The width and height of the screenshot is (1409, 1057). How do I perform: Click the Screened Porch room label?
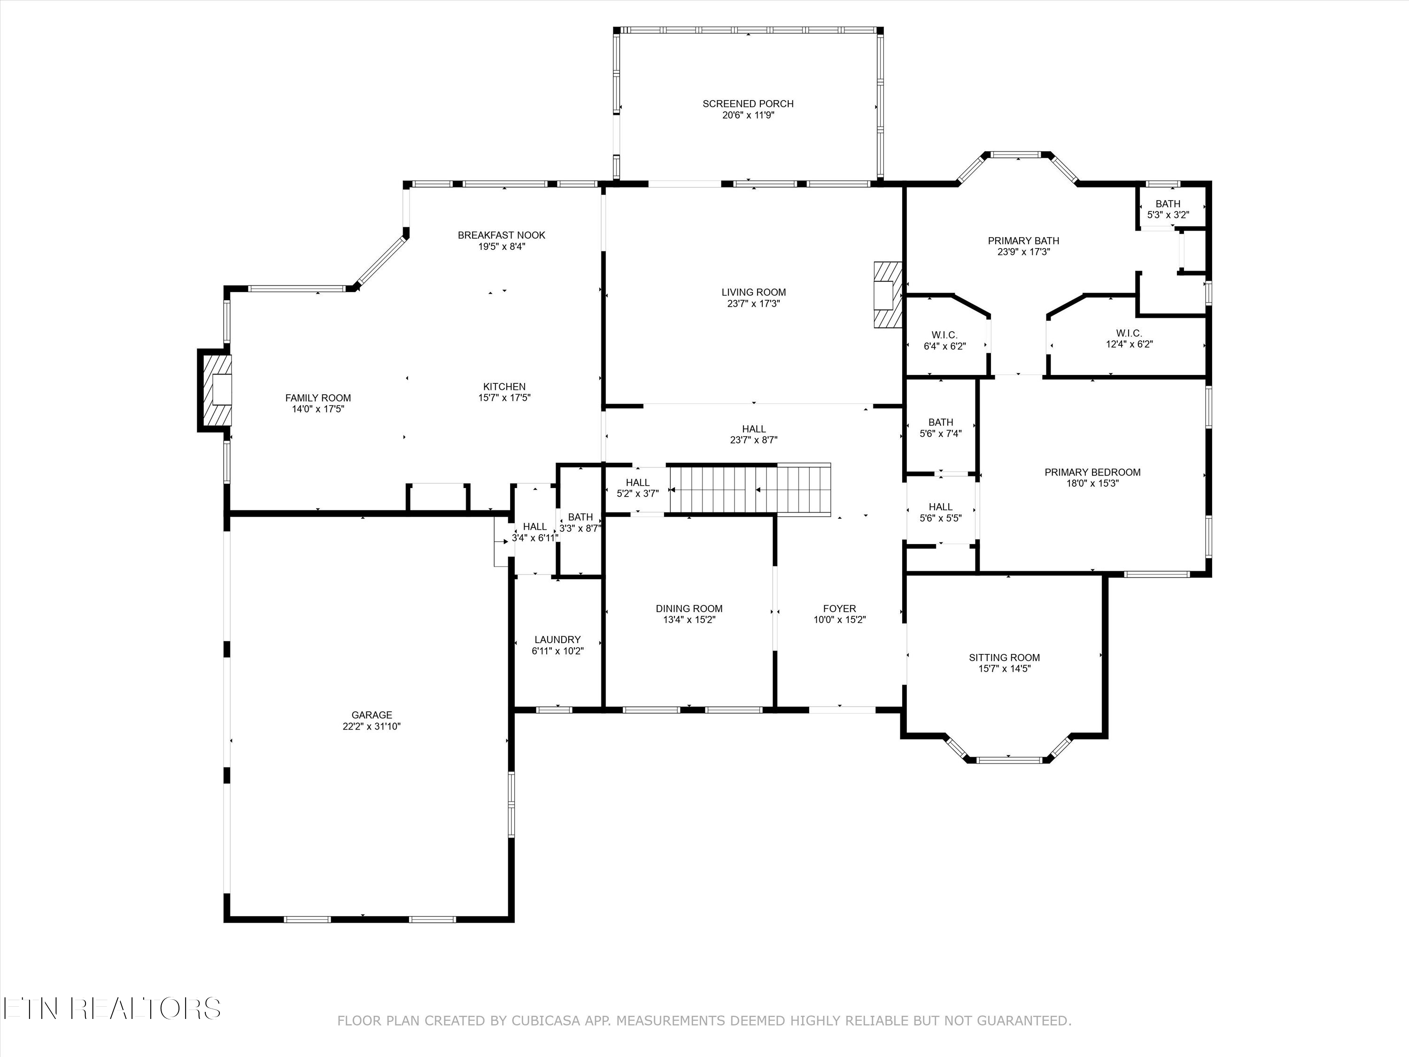tap(748, 104)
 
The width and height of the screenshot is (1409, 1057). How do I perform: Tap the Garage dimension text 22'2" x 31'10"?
tap(372, 726)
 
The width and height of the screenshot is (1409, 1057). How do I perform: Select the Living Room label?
tap(753, 293)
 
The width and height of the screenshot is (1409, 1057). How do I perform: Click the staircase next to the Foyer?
tap(751, 488)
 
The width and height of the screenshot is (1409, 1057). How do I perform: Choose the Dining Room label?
tap(689, 608)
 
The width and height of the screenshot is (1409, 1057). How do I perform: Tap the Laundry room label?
tap(557, 640)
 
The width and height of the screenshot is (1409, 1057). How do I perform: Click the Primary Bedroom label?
tap(1092, 472)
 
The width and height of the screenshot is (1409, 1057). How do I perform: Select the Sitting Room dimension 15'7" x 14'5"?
tap(1005, 668)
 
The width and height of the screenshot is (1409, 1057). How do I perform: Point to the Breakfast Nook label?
tap(501, 235)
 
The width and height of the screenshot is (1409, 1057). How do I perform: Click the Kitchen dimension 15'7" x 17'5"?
tap(504, 397)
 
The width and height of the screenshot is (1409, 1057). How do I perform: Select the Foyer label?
tap(840, 608)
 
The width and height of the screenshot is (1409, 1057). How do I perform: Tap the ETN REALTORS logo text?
tap(112, 1009)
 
